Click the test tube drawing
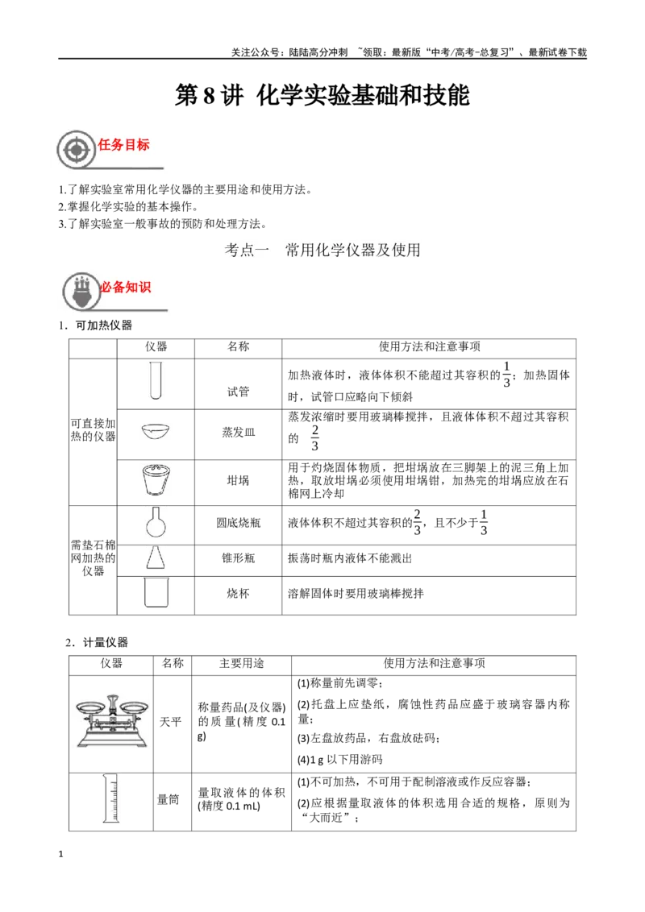coord(156,381)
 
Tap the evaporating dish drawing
coord(156,432)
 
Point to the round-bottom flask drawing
coord(156,522)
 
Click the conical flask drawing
coord(156,558)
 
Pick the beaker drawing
coord(156,593)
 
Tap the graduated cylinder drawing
coord(110,798)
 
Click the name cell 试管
coord(238,392)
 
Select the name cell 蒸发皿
coord(238,432)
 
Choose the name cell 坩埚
coord(238,480)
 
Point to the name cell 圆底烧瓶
coord(238,523)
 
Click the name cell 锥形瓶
coord(238,558)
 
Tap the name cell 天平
coord(171,722)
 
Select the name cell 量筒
coord(169,800)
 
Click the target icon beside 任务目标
coord(77,150)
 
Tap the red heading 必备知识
coord(126,287)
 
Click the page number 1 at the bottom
coord(60,854)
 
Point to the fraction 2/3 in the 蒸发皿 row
coord(315,438)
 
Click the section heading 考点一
coord(247,250)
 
